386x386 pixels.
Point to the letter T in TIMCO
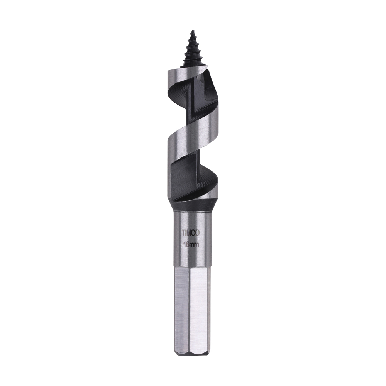pyautogui.click(x=183, y=233)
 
